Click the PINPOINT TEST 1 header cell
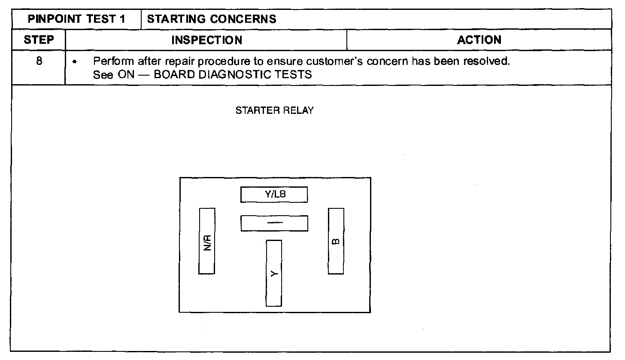76,19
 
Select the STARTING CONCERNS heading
212,19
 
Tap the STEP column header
39,40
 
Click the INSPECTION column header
206,40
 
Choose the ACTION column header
479,40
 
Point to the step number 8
39,61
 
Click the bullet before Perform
76,62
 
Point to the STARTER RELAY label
275,110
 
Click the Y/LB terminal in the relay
274,194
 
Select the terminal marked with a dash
274,223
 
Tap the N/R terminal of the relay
206,241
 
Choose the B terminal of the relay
336,241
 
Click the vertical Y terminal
274,273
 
